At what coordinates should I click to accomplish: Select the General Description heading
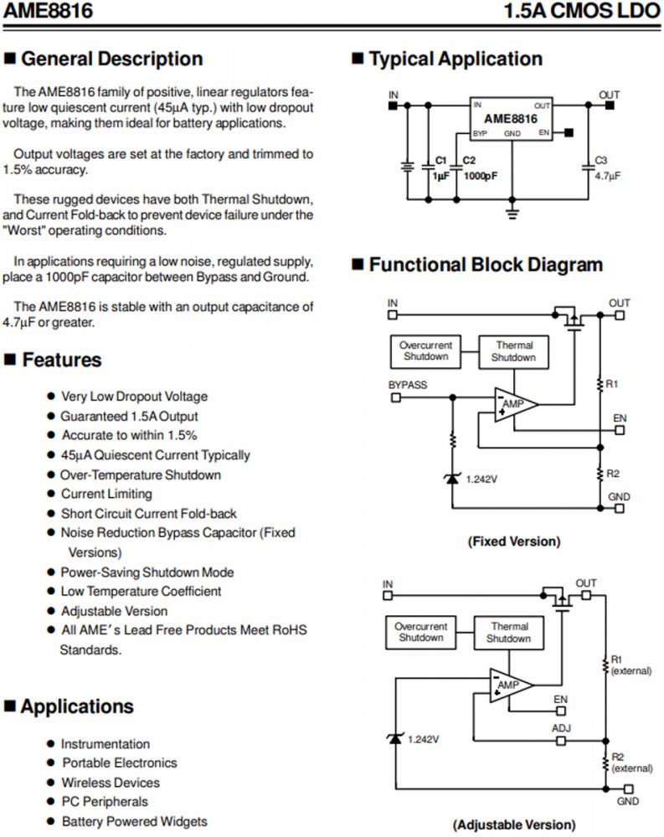111,59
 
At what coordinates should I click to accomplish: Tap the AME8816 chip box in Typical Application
511,119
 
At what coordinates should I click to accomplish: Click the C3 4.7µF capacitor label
606,168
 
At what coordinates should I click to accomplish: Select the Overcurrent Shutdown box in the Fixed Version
426,351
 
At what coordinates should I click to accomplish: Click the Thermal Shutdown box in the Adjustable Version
509,633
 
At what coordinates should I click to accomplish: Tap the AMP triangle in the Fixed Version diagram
512,405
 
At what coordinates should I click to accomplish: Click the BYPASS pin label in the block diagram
408,385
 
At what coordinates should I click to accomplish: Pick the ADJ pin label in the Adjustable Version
561,728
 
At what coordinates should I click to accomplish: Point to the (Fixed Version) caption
513,542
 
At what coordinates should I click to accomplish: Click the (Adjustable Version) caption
513,824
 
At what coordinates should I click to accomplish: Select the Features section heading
61,360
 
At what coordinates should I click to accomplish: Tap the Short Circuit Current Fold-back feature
149,513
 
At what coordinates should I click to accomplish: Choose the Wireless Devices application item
111,783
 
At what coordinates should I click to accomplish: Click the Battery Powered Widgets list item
134,821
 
